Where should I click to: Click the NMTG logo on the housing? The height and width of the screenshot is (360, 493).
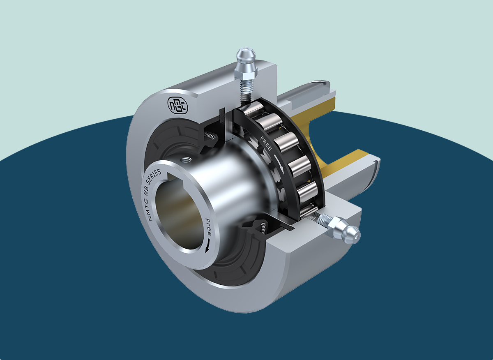click(177, 105)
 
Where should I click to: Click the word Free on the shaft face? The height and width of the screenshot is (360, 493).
click(208, 227)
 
